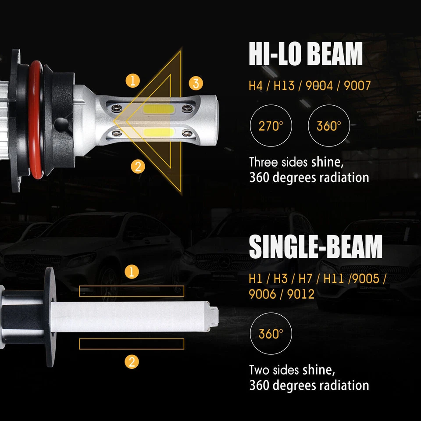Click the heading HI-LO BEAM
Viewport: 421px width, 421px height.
pyautogui.click(x=306, y=54)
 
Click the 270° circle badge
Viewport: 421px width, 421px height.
pyautogui.click(x=271, y=126)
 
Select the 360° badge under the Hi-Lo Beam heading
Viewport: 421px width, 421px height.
pyautogui.click(x=330, y=126)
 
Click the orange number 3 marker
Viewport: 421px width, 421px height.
pyautogui.click(x=196, y=82)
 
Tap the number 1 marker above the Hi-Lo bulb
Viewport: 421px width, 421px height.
pyautogui.click(x=132, y=81)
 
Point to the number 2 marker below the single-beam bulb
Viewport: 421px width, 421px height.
pyautogui.click(x=132, y=362)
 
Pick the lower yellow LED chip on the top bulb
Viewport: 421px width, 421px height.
pyautogui.click(x=158, y=132)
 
